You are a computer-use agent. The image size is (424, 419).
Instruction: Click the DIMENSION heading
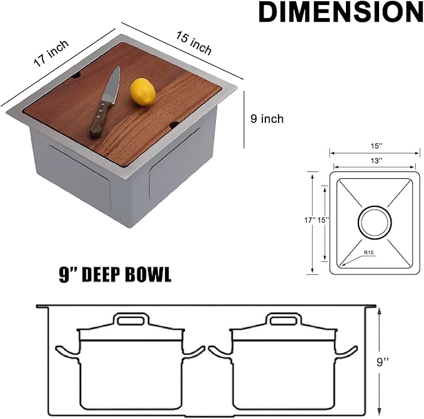tap(340, 12)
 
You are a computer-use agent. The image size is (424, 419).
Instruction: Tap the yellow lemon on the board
tap(142, 92)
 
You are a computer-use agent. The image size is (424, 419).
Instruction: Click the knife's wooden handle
tap(101, 119)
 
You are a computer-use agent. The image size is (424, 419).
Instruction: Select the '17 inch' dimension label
tap(51, 54)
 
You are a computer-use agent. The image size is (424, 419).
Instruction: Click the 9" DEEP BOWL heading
tap(115, 276)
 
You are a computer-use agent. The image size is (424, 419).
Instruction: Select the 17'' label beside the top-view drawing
tap(308, 219)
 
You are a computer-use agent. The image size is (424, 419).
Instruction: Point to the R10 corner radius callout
tap(370, 253)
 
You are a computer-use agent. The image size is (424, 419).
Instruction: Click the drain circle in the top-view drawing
tap(375, 221)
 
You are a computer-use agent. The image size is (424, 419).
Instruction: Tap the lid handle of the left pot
tap(131, 320)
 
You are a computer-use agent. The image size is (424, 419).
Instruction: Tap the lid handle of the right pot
tap(284, 320)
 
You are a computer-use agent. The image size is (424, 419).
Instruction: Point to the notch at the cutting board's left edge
tap(76, 75)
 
